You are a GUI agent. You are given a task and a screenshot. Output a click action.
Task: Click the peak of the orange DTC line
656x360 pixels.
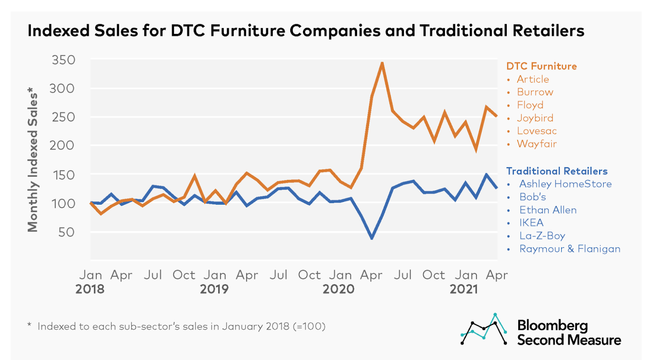(x=382, y=64)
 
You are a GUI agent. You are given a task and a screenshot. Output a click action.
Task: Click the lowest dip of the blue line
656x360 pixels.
(x=372, y=238)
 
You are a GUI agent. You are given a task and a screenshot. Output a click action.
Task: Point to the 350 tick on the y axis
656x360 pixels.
(x=64, y=60)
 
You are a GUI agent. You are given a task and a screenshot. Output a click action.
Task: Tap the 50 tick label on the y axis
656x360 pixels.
(x=66, y=232)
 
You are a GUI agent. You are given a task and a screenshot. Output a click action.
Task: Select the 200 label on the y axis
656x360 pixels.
(x=62, y=145)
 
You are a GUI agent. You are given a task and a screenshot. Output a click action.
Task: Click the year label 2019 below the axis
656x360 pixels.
(x=214, y=289)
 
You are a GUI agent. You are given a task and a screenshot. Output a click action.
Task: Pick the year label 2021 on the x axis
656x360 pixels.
(x=464, y=289)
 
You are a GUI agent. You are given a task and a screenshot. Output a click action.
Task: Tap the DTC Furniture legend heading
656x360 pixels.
(x=541, y=66)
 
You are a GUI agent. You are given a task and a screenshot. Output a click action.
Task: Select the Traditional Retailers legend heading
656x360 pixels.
(x=556, y=171)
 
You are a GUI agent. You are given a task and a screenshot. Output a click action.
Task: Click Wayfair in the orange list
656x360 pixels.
(x=536, y=144)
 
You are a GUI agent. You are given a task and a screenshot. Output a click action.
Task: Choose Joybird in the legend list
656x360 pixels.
(x=535, y=118)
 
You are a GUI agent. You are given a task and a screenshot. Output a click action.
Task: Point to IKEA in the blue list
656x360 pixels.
(x=531, y=223)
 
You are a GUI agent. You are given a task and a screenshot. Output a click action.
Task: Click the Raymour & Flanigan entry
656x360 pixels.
(x=569, y=249)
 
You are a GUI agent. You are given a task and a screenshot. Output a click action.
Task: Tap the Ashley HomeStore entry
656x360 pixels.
(x=565, y=184)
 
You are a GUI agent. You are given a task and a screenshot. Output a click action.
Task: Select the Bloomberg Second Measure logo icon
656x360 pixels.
(x=484, y=329)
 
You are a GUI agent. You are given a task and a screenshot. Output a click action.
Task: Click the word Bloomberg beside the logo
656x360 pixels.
(x=552, y=325)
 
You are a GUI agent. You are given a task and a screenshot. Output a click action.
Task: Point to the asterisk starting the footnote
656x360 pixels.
(x=30, y=325)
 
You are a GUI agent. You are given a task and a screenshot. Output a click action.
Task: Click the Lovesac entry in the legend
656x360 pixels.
(x=536, y=131)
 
